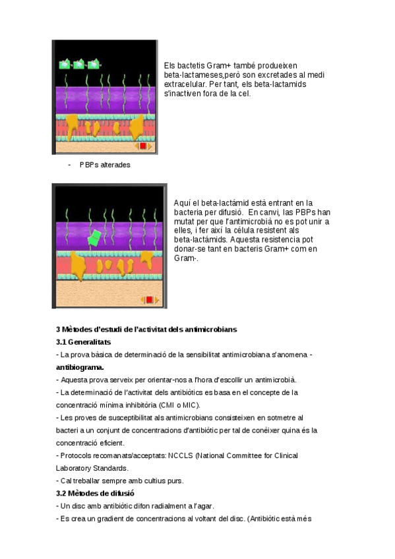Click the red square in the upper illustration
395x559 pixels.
143,146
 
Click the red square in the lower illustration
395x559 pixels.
150,300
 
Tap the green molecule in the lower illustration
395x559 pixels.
96,236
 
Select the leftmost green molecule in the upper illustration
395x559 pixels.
65,65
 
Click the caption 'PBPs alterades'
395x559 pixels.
105,165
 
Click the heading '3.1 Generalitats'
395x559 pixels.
83,342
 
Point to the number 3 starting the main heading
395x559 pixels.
58,330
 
